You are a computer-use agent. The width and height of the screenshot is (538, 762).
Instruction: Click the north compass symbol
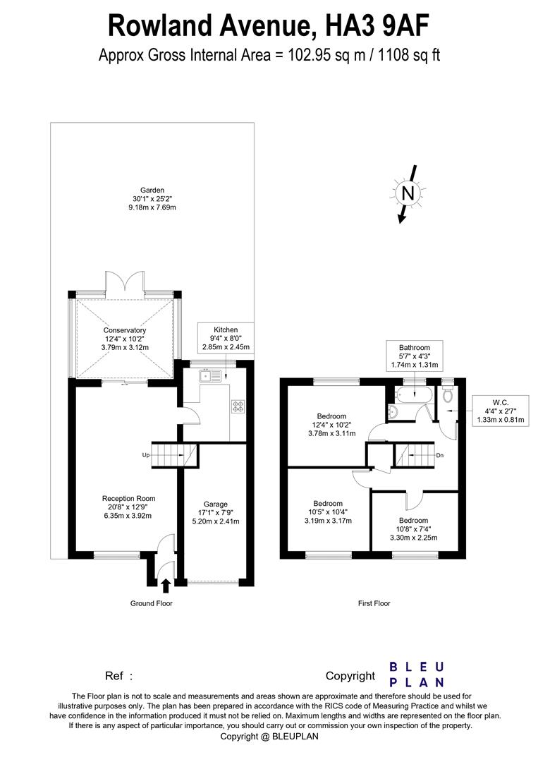point(406,193)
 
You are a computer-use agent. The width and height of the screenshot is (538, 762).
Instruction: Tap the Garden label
point(152,198)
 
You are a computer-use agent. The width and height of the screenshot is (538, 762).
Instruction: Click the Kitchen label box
point(226,339)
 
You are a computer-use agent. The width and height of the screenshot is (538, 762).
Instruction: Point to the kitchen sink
point(211,376)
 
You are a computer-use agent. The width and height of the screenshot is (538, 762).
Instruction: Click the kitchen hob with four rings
point(238,406)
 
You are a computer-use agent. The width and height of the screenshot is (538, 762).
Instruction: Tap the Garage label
point(216,513)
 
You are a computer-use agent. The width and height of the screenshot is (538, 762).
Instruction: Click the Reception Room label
point(128,507)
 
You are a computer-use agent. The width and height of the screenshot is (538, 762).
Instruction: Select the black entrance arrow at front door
point(166,584)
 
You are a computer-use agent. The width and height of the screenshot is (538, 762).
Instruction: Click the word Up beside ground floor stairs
point(145,456)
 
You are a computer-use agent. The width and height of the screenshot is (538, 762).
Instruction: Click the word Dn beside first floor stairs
point(439,456)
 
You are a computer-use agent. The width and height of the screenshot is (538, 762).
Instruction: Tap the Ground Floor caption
point(151,603)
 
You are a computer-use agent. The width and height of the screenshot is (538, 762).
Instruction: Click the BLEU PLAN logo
point(417,675)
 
